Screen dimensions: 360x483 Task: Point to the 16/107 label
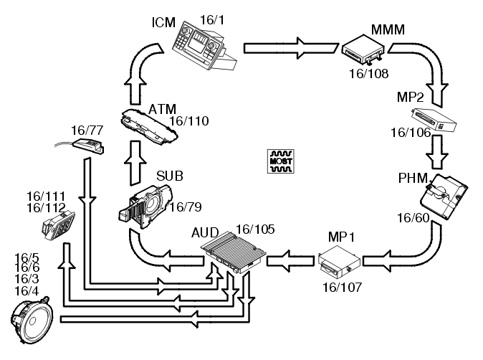click(342, 286)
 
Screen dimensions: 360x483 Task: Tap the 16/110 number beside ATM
click(188, 121)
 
